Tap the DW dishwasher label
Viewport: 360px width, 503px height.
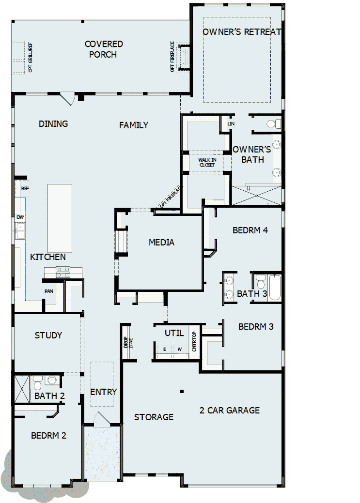coord(20,217)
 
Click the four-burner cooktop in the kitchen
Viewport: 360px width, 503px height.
coord(62,272)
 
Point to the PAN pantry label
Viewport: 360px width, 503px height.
coord(48,291)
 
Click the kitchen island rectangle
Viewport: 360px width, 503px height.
coord(60,218)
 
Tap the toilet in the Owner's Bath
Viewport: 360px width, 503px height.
coord(274,123)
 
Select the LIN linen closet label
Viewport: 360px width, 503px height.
coord(231,124)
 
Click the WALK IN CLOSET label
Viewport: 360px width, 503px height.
coord(207,162)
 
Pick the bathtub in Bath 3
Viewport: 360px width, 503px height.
coord(275,288)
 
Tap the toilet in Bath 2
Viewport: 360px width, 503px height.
coord(38,382)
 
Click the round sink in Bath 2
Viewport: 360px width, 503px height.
coord(53,380)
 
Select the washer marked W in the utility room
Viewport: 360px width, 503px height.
coord(179,349)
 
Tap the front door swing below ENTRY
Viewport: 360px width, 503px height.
coord(102,419)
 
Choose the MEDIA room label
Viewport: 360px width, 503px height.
coord(161,242)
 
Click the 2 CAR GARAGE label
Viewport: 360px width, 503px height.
coord(230,410)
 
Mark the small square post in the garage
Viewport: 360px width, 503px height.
coord(182,391)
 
